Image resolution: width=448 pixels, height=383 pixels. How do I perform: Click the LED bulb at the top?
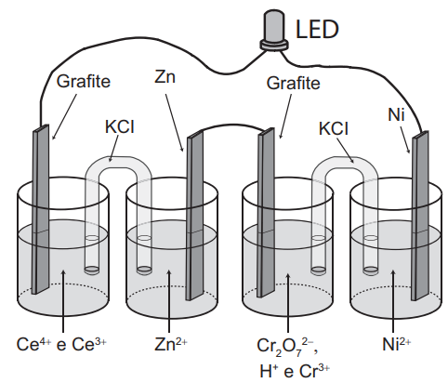pyautogui.click(x=273, y=30)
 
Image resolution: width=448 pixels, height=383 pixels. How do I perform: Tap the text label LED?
pyautogui.click(x=317, y=29)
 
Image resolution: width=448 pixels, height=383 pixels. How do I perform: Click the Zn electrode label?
pyautogui.click(x=165, y=76)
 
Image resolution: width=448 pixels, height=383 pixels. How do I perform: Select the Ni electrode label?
pyautogui.click(x=396, y=114)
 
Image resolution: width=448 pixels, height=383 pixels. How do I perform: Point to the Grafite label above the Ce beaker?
pyautogui.click(x=84, y=81)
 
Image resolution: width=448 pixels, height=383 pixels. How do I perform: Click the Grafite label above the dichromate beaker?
pyautogui.click(x=293, y=83)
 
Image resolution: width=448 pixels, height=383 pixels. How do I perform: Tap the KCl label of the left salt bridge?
pyautogui.click(x=120, y=126)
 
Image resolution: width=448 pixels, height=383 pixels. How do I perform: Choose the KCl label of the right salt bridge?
pyautogui.click(x=334, y=128)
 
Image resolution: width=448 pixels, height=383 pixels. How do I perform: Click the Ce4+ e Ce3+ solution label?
pyautogui.click(x=61, y=344)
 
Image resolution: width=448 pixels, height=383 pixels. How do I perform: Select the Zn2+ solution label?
pyautogui.click(x=171, y=344)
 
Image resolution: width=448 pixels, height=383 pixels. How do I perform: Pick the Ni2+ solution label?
pyautogui.click(x=397, y=344)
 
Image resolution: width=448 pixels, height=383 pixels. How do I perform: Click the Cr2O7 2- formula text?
pyautogui.click(x=287, y=347)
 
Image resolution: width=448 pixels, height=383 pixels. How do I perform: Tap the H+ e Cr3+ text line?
pyautogui.click(x=295, y=371)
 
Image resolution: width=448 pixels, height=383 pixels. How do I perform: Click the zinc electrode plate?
pyautogui.click(x=195, y=215)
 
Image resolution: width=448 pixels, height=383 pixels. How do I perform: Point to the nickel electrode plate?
pyautogui.click(x=420, y=216)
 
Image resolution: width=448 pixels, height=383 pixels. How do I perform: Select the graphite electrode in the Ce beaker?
pyautogui.click(x=41, y=209)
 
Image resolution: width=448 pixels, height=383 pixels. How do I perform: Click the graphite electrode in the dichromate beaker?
pyautogui.click(x=266, y=213)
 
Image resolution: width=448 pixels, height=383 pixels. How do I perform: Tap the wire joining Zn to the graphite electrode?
pyautogui.click(x=231, y=125)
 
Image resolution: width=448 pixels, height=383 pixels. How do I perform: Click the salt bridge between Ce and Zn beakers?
pyautogui.click(x=118, y=164)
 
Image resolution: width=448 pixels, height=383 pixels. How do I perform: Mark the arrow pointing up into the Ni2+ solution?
pyautogui.click(x=393, y=301)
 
